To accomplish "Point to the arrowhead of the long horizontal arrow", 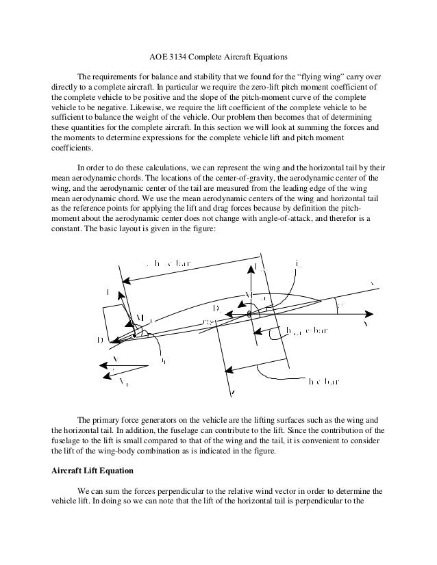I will point(371,315).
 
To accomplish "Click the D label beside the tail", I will point(101,339).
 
